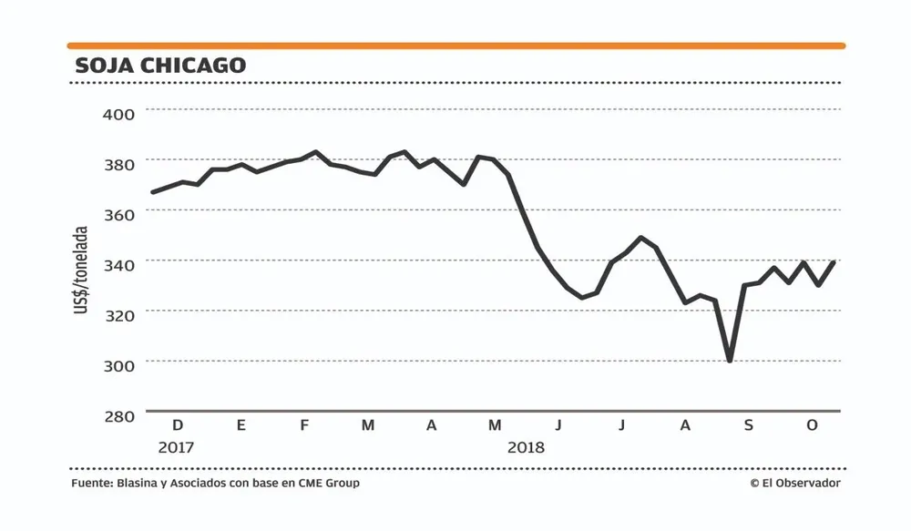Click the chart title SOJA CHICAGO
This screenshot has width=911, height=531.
click(x=160, y=66)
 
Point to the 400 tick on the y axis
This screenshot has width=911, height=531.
click(x=118, y=114)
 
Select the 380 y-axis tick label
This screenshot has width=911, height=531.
click(x=118, y=164)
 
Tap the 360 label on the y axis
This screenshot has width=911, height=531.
click(x=118, y=214)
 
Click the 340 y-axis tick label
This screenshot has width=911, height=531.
click(x=118, y=264)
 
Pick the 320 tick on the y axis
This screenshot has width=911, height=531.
click(x=118, y=314)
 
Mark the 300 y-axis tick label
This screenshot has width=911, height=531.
click(x=118, y=364)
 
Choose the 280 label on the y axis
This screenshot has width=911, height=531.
click(x=118, y=415)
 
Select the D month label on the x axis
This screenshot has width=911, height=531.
click(x=178, y=425)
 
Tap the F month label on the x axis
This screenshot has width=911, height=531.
click(x=304, y=425)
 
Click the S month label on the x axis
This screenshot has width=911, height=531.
click(x=748, y=425)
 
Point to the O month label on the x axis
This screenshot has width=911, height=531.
click(x=812, y=425)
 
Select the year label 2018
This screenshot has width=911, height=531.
click(x=526, y=447)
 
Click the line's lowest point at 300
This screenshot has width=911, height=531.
click(x=730, y=361)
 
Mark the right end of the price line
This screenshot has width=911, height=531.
click(x=834, y=262)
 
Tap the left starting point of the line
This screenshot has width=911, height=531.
click(x=152, y=192)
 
